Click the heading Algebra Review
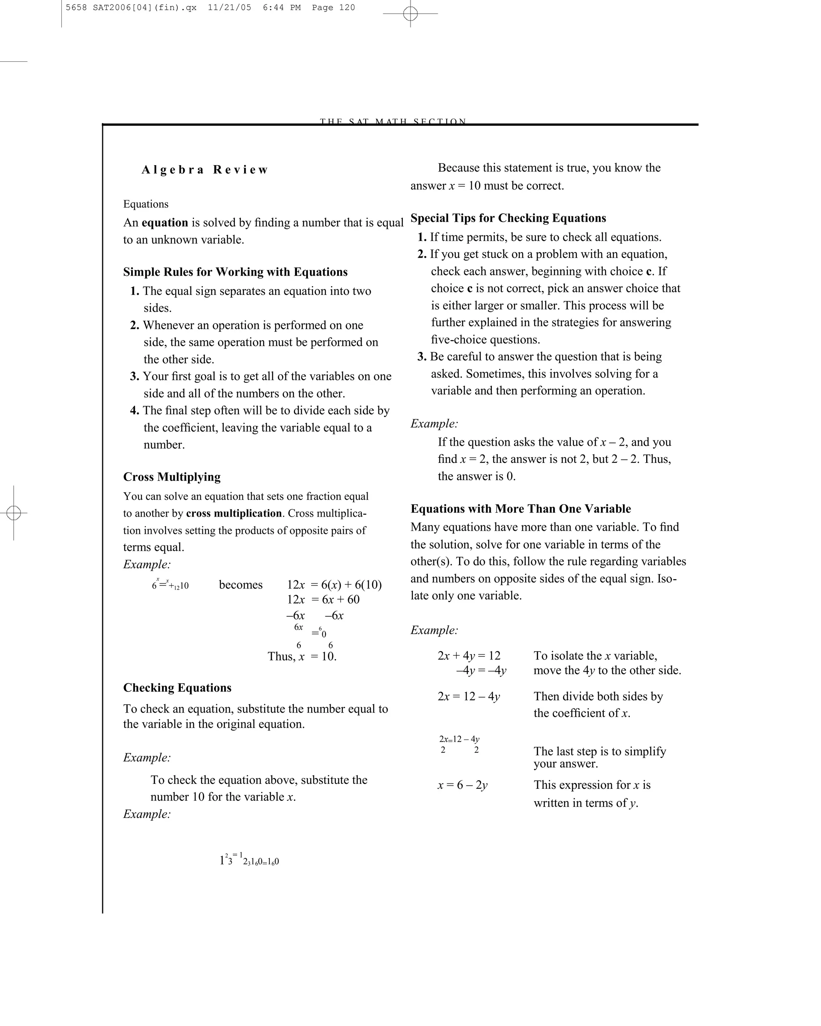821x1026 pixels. tap(205, 170)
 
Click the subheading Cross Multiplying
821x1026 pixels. tap(172, 477)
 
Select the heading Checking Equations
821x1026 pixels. tap(177, 688)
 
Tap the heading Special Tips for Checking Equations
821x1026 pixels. tap(508, 218)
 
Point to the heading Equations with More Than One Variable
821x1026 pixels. tap(520, 509)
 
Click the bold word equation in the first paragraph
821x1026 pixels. tap(165, 223)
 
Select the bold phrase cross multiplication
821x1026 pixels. tap(234, 513)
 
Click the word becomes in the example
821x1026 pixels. tap(241, 585)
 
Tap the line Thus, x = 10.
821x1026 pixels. tap(302, 657)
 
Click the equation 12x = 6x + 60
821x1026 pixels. tap(323, 600)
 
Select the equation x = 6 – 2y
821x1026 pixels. tap(462, 785)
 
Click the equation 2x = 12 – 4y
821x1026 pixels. tap(468, 697)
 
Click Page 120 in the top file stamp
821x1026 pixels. tap(333, 8)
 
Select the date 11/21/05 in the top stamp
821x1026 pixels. tap(229, 8)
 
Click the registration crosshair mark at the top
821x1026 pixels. tap(410, 14)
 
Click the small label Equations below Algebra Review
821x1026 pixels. tap(146, 204)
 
